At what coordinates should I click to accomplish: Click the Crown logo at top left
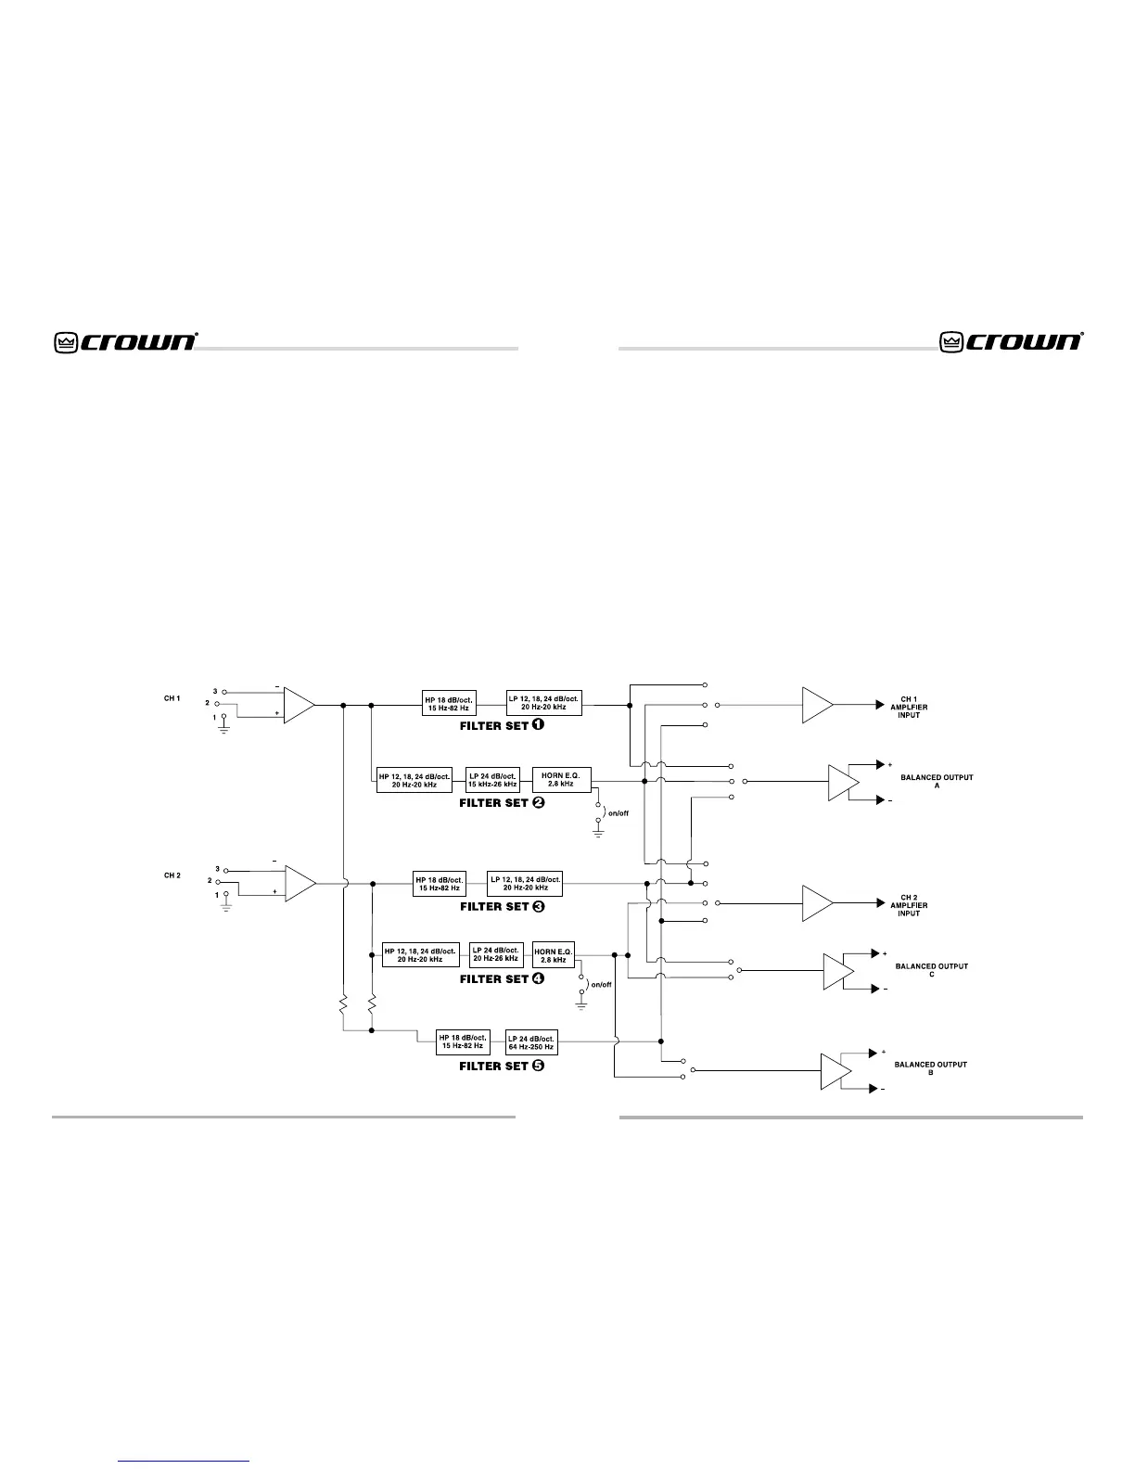point(125,341)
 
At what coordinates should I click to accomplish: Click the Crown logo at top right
point(1012,341)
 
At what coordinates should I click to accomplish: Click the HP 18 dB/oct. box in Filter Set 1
point(449,704)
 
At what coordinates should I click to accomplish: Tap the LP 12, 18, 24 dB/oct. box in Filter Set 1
point(543,702)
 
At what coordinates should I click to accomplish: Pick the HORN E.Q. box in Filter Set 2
point(561,779)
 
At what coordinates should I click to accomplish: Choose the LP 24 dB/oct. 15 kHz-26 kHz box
point(491,779)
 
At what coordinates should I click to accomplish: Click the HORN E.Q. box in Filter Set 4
point(554,955)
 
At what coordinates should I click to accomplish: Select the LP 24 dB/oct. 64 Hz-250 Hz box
point(530,1042)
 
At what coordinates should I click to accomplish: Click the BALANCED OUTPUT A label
point(937,781)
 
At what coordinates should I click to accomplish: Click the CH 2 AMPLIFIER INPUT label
point(909,905)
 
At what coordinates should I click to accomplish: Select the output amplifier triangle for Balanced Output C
point(838,971)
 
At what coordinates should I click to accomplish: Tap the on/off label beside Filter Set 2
point(618,813)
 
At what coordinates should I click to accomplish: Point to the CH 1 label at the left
point(172,697)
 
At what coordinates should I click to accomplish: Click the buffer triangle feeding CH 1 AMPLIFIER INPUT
point(817,705)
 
